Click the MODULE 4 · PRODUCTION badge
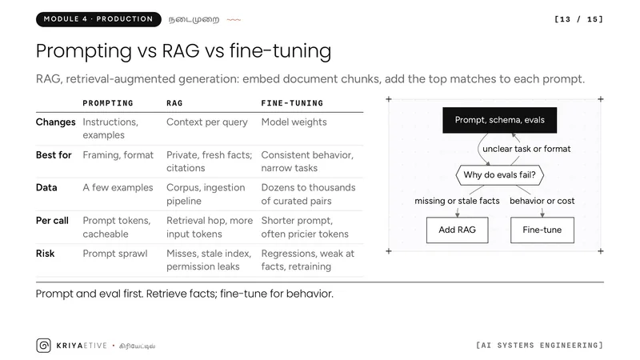(x=98, y=19)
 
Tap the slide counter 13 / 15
(x=578, y=19)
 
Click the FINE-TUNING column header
(x=292, y=103)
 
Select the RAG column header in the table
(x=174, y=103)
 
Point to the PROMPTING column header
(x=108, y=103)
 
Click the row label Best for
(x=54, y=155)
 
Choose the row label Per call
(x=52, y=221)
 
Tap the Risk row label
(x=45, y=254)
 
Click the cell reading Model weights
(x=294, y=122)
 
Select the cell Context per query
(x=207, y=122)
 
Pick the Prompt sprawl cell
(x=115, y=254)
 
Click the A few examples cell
(x=118, y=188)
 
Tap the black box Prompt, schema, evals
(x=499, y=120)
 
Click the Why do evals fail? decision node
(x=499, y=175)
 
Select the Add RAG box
(x=457, y=230)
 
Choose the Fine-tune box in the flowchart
(x=542, y=230)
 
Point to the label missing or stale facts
(x=457, y=201)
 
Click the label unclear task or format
(x=526, y=149)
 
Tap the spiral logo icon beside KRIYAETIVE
(x=44, y=346)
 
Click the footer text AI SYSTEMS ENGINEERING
(x=539, y=346)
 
